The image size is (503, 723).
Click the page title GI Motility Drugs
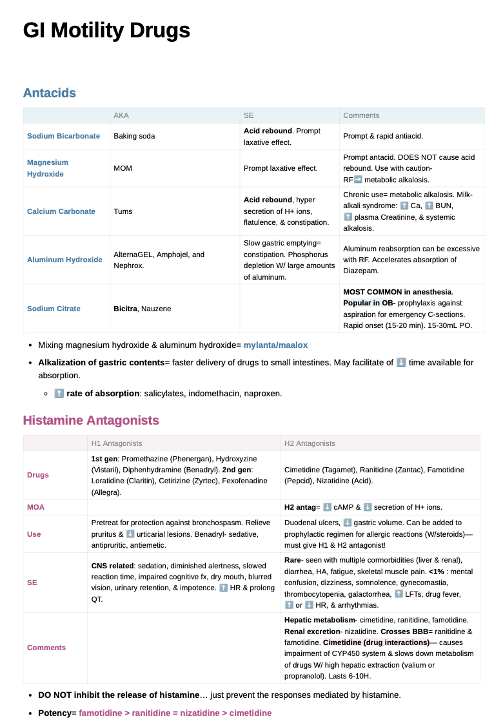point(106,30)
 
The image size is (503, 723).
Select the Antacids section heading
point(49,93)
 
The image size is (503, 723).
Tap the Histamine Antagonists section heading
point(90,420)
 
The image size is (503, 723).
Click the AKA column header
point(121,115)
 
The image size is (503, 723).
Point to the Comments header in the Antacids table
point(361,115)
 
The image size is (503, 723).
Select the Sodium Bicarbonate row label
point(63,136)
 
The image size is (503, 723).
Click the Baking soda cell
point(134,136)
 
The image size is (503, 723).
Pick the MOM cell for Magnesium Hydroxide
point(123,168)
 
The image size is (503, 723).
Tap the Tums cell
point(123,211)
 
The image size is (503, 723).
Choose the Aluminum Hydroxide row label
point(64,260)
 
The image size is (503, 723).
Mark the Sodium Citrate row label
point(54,309)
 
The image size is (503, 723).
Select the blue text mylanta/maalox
point(275,345)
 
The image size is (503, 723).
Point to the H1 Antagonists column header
point(117,443)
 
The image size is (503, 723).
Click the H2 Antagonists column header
point(310,443)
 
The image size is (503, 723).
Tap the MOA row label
point(35,507)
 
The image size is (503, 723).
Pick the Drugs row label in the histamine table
point(37,475)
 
